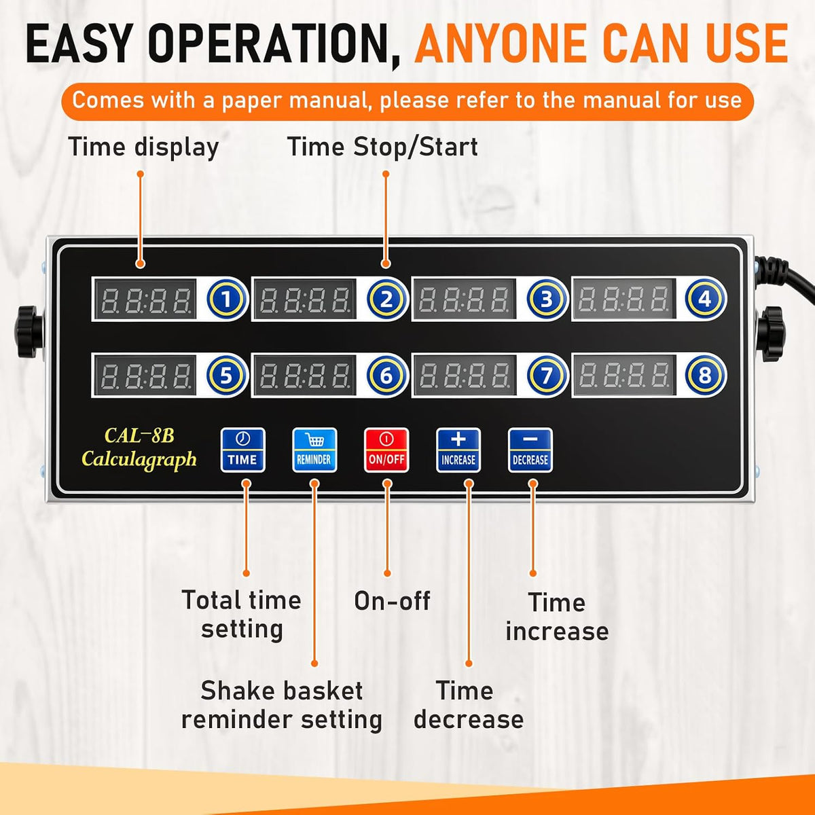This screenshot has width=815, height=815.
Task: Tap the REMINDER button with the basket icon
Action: (314, 450)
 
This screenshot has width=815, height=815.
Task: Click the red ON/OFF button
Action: (386, 450)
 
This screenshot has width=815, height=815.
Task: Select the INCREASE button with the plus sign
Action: (458, 450)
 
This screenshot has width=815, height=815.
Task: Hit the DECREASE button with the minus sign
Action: (530, 450)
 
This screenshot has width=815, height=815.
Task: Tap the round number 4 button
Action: (704, 299)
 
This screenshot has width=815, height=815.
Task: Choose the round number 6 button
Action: (386, 375)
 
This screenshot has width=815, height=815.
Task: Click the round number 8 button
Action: (704, 375)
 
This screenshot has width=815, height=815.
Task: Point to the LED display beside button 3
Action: (464, 299)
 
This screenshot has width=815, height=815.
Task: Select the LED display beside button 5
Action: (145, 375)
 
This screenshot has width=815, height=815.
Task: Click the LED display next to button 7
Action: (464, 375)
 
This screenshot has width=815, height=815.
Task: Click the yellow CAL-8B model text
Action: (139, 435)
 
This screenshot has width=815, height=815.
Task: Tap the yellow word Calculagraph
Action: (139, 460)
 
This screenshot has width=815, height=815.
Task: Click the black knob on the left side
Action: (29, 332)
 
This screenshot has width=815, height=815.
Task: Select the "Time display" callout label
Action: (143, 147)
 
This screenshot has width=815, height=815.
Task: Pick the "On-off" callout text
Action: (392, 600)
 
